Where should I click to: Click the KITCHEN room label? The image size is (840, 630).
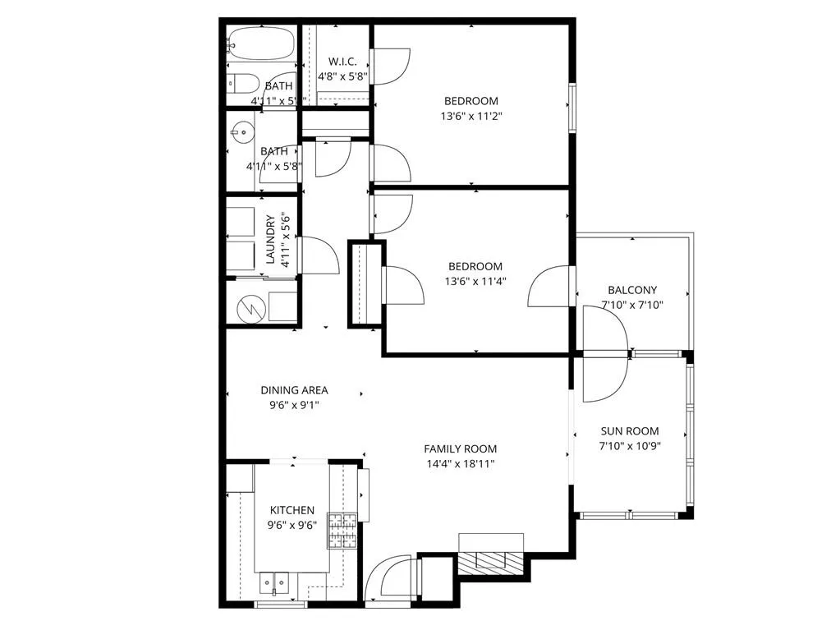[x=291, y=510]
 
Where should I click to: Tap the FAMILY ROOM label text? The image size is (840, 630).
[x=460, y=448]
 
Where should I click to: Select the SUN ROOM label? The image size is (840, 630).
[x=630, y=431]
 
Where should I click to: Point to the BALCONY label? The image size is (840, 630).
[x=631, y=290]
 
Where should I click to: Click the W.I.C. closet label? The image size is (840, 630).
[x=342, y=62]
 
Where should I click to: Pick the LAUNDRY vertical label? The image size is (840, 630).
[x=271, y=239]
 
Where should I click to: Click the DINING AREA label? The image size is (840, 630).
[x=294, y=390]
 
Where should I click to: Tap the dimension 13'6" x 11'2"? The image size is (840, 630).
[x=470, y=116]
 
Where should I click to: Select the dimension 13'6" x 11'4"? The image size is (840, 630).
[x=475, y=281]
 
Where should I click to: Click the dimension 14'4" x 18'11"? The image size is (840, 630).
[x=460, y=463]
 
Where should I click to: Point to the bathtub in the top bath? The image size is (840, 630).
[x=261, y=41]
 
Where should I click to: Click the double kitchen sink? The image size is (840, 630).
[x=274, y=582]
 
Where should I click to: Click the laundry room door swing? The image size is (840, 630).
[x=319, y=255]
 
